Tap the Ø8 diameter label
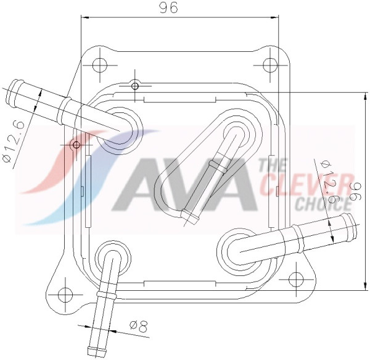139,326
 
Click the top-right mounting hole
269,64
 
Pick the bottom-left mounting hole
65,295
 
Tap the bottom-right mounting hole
296,280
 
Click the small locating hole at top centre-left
134,86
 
